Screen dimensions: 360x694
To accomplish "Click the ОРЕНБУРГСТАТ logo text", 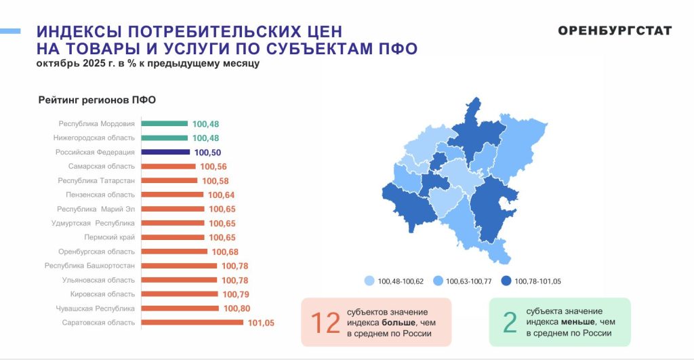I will click(x=615, y=31).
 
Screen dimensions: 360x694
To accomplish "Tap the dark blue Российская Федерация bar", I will click(x=165, y=153).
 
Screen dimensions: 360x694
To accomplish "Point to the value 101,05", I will click(x=261, y=323).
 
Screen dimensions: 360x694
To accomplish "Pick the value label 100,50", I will click(x=207, y=153).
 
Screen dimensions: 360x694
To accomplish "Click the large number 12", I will click(x=325, y=323).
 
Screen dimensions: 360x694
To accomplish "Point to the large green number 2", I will click(x=510, y=323).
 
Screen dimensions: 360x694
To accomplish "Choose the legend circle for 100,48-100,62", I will click(x=369, y=281).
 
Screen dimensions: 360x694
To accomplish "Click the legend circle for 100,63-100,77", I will click(x=438, y=281).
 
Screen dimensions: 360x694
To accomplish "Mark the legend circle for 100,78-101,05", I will click(x=506, y=281).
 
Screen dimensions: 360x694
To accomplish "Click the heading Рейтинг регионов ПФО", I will click(x=97, y=100).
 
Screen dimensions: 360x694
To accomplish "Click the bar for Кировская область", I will click(x=179, y=294).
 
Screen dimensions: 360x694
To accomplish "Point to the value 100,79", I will click(x=234, y=294).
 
